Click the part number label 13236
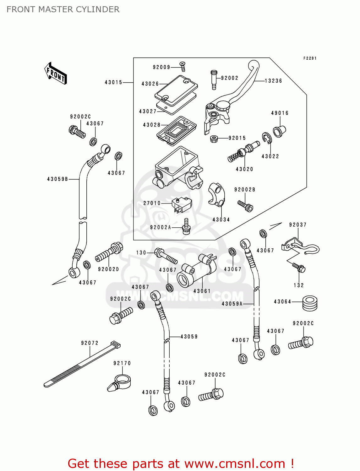(x=273, y=81)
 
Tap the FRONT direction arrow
(x=56, y=74)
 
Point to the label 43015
(x=113, y=82)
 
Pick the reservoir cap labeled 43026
(x=177, y=90)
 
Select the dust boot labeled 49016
(x=279, y=131)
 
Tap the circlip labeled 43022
(x=267, y=138)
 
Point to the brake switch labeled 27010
(x=182, y=204)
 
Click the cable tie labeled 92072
(x=82, y=364)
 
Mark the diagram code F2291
(x=310, y=58)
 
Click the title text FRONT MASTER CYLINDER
(x=63, y=9)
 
